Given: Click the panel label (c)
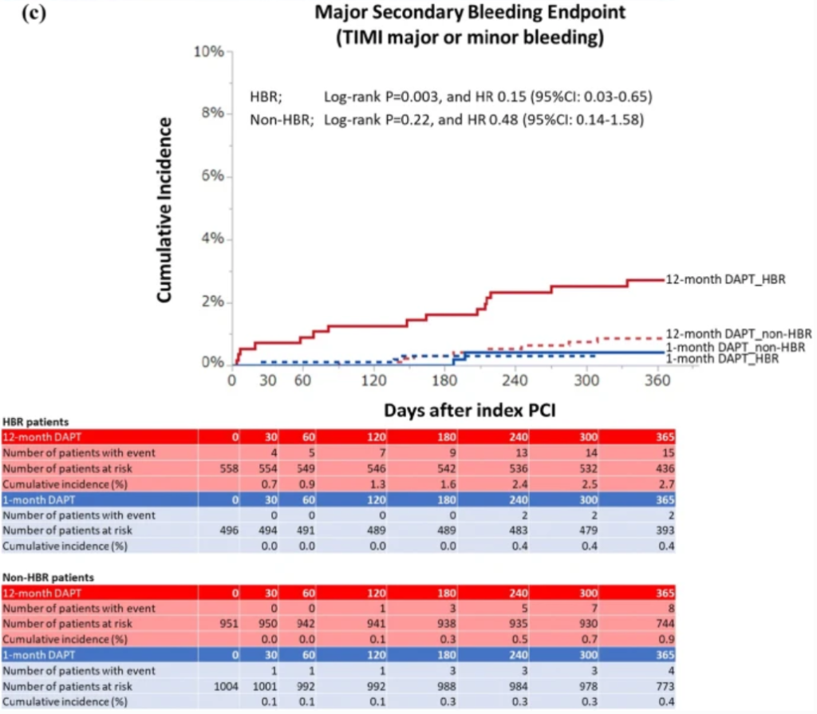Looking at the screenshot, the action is (x=34, y=13).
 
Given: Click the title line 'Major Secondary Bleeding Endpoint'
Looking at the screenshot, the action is (x=470, y=12).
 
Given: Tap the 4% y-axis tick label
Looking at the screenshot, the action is (x=212, y=239).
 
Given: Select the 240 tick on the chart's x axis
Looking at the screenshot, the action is (x=515, y=381).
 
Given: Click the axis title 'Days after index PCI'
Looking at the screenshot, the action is (x=470, y=411).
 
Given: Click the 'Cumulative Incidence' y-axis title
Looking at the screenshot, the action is (x=164, y=210).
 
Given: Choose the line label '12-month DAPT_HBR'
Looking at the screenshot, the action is (x=725, y=279).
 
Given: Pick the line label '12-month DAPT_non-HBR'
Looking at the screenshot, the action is (x=738, y=333).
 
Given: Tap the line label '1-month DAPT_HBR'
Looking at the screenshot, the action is (x=722, y=358).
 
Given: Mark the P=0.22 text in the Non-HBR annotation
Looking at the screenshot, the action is (x=408, y=120).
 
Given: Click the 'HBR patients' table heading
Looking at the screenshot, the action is (x=35, y=422).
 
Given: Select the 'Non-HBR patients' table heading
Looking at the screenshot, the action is (x=48, y=578).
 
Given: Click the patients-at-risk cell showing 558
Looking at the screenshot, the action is (x=229, y=468).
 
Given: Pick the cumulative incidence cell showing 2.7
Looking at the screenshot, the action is (x=666, y=484).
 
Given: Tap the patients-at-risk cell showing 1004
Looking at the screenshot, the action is (x=226, y=686).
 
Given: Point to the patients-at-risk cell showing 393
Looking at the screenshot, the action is (x=665, y=531).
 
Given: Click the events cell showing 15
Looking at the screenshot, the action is (x=668, y=453).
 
